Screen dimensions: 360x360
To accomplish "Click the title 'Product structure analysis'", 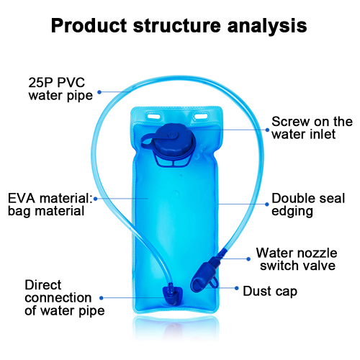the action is click(x=179, y=26).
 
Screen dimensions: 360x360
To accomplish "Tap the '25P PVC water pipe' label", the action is click(x=60, y=89).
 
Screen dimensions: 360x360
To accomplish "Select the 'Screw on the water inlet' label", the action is click(x=312, y=127).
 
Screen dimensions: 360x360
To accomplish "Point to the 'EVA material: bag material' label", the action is click(x=50, y=204).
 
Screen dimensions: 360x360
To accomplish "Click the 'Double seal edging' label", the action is click(x=308, y=204).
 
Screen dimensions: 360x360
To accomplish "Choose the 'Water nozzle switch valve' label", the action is click(x=297, y=259).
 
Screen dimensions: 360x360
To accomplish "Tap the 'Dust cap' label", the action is click(x=270, y=292).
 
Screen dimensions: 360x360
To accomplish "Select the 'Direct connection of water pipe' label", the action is click(x=65, y=298).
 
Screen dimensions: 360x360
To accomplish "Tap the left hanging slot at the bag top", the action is click(x=153, y=117).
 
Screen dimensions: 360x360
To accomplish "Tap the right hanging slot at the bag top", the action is click(x=201, y=117).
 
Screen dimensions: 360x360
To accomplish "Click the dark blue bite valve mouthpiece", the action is click(x=204, y=274).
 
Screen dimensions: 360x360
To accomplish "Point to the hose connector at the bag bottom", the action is click(x=172, y=295).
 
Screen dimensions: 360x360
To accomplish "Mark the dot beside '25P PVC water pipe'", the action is click(x=99, y=92).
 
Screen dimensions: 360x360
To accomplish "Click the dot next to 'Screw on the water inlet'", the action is click(x=267, y=130).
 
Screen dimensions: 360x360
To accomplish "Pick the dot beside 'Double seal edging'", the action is click(x=267, y=204).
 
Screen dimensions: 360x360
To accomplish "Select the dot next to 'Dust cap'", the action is click(x=237, y=288).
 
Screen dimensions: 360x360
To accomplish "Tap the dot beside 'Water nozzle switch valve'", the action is click(x=248, y=259).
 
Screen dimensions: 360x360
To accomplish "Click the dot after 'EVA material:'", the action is click(x=96, y=199).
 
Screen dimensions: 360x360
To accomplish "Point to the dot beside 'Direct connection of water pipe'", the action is click(x=102, y=298).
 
